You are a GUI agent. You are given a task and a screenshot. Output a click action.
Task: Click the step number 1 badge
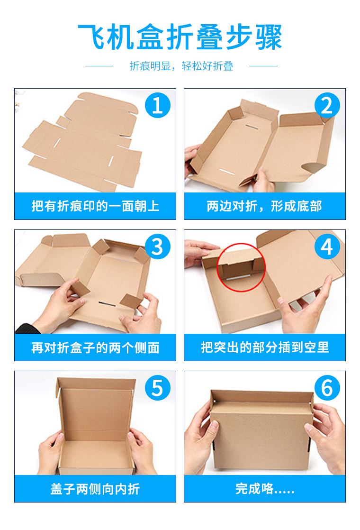(158, 105)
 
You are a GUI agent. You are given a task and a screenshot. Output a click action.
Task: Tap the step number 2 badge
(327, 105)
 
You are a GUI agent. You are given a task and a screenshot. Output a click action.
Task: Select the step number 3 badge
(158, 247)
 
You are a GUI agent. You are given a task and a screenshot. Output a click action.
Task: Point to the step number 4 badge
(327, 247)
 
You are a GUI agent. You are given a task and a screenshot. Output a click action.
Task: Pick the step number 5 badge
(158, 388)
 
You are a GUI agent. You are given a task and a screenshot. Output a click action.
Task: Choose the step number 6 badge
(327, 388)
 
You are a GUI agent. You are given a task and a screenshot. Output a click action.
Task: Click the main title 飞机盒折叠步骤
(180, 37)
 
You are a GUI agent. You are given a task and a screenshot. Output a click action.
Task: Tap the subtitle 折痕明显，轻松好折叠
(181, 66)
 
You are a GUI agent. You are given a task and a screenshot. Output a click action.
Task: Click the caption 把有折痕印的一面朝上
(95, 206)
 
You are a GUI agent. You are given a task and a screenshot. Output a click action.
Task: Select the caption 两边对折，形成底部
(264, 206)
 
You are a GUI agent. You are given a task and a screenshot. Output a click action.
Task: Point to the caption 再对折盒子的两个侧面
(95, 347)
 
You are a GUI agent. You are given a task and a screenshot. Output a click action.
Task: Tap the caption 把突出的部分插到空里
(265, 347)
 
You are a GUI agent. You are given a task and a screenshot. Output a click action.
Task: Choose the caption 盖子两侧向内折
(95, 489)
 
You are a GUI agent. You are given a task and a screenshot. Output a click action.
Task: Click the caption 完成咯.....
(265, 489)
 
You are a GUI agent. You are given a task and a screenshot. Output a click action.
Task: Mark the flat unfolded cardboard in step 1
(83, 142)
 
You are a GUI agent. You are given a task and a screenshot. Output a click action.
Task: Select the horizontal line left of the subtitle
(99, 66)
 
